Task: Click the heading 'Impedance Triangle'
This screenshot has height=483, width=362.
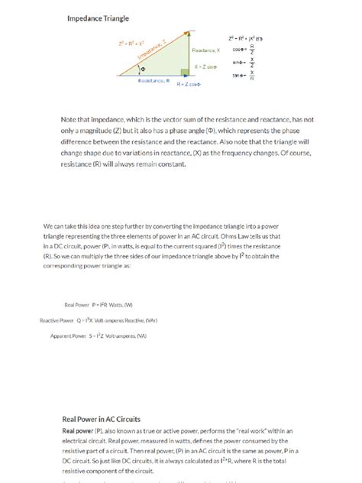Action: pyautogui.click(x=98, y=17)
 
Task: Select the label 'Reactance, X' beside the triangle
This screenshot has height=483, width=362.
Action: pyautogui.click(x=205, y=50)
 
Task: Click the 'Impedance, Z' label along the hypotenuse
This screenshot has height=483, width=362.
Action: pyautogui.click(x=155, y=50)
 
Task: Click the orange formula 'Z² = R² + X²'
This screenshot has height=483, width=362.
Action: pyautogui.click(x=131, y=44)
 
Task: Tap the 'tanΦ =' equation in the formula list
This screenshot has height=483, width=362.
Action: pyautogui.click(x=262, y=75)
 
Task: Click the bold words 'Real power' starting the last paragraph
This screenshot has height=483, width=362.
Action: pyautogui.click(x=77, y=431)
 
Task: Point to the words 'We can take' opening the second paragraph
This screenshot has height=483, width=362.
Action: pyautogui.click(x=61, y=227)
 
